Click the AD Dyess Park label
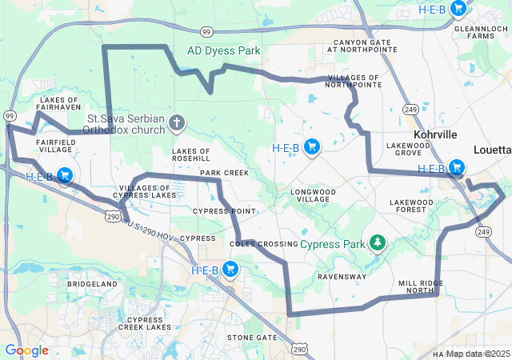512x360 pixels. pyautogui.click(x=224, y=50)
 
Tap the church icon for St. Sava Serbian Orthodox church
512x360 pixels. pyautogui.click(x=178, y=123)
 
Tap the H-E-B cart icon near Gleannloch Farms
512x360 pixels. pyautogui.click(x=458, y=10)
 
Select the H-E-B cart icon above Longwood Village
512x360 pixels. pyautogui.click(x=312, y=147)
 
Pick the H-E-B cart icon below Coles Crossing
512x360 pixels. pyautogui.click(x=230, y=270)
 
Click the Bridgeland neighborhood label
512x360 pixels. pyautogui.click(x=92, y=284)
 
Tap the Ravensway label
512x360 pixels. pyautogui.click(x=342, y=277)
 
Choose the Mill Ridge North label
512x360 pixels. pyautogui.click(x=421, y=288)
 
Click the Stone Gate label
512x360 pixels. pyautogui.click(x=251, y=338)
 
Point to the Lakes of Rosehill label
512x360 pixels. pyautogui.click(x=190, y=154)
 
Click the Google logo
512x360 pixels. pyautogui.click(x=26, y=350)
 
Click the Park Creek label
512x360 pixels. pyautogui.click(x=224, y=173)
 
